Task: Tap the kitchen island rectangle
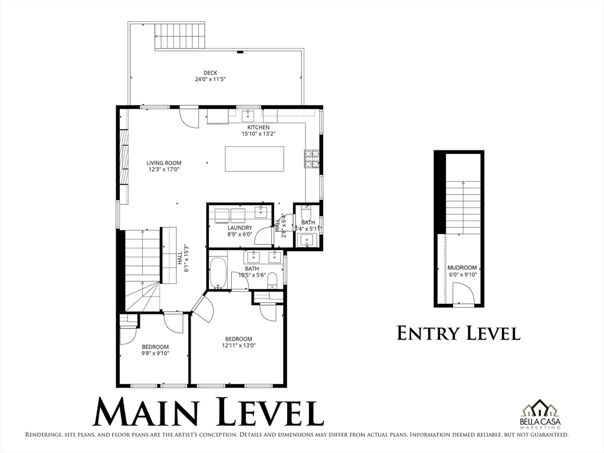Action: pyautogui.click(x=254, y=159)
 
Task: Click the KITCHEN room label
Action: pyautogui.click(x=258, y=127)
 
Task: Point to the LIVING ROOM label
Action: pyautogui.click(x=164, y=163)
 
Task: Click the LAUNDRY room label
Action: pyautogui.click(x=240, y=228)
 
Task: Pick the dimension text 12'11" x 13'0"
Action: pyautogui.click(x=238, y=346)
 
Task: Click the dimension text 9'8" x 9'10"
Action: pyautogui.click(x=155, y=354)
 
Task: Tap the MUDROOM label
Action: pyautogui.click(x=462, y=268)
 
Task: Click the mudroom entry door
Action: pyautogui.click(x=462, y=294)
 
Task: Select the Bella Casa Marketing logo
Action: pyautogui.click(x=540, y=415)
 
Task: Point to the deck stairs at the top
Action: pyautogui.click(x=180, y=37)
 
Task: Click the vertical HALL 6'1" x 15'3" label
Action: pyautogui.click(x=183, y=258)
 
